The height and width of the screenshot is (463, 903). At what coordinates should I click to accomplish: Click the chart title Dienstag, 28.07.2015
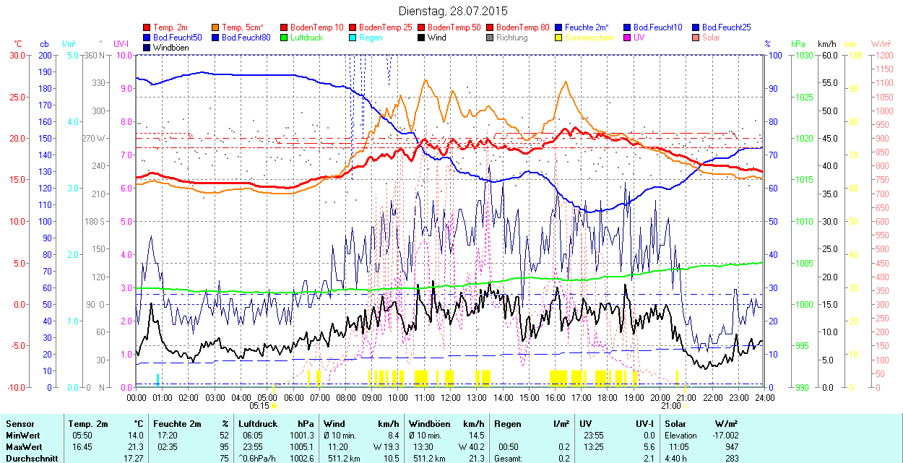[x=453, y=11]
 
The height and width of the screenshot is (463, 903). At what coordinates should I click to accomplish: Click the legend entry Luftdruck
[x=306, y=38]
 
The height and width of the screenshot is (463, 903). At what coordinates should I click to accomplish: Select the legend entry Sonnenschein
[x=589, y=38]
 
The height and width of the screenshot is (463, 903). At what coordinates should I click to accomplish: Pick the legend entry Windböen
[x=171, y=48]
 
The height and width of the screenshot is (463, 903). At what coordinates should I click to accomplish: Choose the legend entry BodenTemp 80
[x=522, y=27]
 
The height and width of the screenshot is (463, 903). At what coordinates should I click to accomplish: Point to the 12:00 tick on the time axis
[x=451, y=397]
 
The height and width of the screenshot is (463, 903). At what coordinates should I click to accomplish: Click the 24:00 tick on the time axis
[x=765, y=397]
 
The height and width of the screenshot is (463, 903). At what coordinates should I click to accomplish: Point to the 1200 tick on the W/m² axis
[x=883, y=55]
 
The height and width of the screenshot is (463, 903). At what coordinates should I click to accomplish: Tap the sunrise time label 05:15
[x=268, y=406]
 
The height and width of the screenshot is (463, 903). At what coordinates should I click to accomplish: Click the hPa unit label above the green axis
[x=798, y=43]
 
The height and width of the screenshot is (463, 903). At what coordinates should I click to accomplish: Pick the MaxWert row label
[x=24, y=447]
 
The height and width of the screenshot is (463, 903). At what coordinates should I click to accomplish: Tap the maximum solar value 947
[x=729, y=447]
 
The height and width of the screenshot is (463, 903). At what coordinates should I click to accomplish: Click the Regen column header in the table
[x=506, y=424]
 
